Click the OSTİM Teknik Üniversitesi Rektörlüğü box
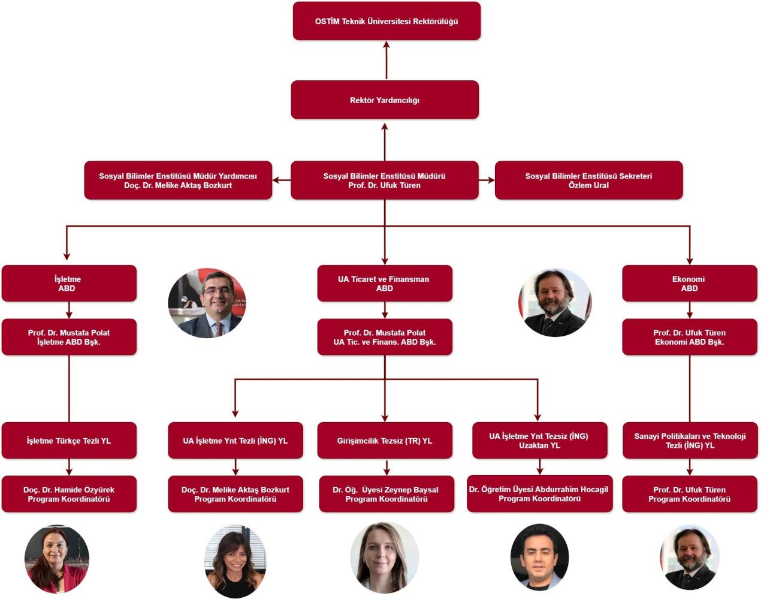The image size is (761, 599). click(x=386, y=21)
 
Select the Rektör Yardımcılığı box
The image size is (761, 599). click(x=385, y=100)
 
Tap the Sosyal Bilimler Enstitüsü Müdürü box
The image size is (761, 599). click(x=385, y=180)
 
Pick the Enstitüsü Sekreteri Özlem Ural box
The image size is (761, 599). click(x=588, y=180)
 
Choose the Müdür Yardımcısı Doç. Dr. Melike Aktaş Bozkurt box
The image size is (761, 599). click(x=178, y=180)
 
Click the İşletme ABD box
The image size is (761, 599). click(x=69, y=284)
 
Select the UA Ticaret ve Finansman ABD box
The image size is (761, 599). click(x=385, y=284)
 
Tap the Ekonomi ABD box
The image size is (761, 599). click(x=689, y=284)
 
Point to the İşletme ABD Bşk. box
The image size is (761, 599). click(x=69, y=337)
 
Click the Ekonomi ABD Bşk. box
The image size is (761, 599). click(x=689, y=337)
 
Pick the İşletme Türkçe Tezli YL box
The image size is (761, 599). click(x=69, y=441)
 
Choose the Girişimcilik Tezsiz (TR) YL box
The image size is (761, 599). click(x=385, y=441)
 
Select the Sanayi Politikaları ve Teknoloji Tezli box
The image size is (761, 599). click(x=690, y=441)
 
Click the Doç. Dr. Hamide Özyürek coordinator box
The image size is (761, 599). click(x=69, y=494)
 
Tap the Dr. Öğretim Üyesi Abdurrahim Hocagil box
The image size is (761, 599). click(x=539, y=494)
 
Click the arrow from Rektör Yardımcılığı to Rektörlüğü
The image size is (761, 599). click(x=386, y=60)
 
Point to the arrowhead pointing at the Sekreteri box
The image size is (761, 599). click(x=490, y=180)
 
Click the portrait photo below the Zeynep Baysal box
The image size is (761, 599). click(x=384, y=557)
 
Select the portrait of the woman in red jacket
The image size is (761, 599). click(x=56, y=559)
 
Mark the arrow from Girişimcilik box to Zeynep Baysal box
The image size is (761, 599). click(x=386, y=467)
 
